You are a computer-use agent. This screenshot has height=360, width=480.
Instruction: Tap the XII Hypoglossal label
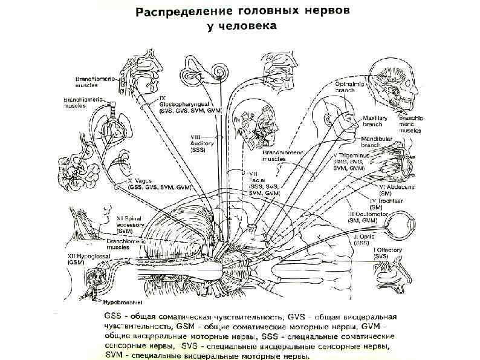pyautogui.click(x=85, y=257)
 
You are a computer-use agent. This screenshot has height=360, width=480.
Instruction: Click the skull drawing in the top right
pyautogui.click(x=392, y=84)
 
